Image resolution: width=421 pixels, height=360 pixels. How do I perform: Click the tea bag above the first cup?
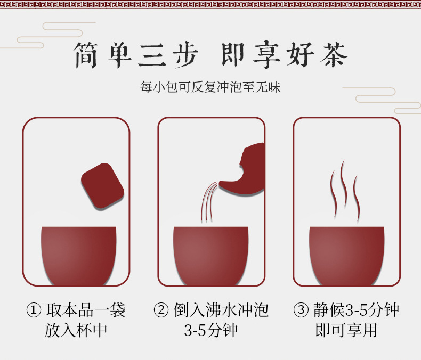(102, 186)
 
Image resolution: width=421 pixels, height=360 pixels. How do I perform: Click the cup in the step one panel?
(79, 256)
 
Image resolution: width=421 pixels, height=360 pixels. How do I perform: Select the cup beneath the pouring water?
(211, 256)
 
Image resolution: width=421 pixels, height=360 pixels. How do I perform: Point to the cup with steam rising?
(346, 256)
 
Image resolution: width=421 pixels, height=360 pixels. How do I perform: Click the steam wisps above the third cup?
(344, 191)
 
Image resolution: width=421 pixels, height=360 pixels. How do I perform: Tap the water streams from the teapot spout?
(209, 202)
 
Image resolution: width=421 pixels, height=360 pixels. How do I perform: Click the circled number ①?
(34, 310)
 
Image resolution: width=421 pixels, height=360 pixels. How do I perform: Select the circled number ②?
(161, 310)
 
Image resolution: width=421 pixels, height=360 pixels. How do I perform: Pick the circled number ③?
(301, 310)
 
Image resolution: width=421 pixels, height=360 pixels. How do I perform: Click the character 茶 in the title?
(334, 54)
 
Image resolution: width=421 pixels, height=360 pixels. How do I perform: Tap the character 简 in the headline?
(86, 55)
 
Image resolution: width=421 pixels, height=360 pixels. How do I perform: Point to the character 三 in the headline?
(152, 55)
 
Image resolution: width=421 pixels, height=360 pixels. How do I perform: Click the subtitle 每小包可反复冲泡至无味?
(210, 87)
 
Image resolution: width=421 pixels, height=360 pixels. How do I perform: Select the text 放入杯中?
(76, 330)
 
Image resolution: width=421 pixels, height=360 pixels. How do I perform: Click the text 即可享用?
(346, 330)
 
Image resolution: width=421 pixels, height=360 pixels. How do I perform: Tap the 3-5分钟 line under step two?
(211, 330)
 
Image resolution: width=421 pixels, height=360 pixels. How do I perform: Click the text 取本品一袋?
(86, 310)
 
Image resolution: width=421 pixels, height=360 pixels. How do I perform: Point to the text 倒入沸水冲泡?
(221, 310)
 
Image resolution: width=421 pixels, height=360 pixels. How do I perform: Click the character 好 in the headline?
(300, 54)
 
